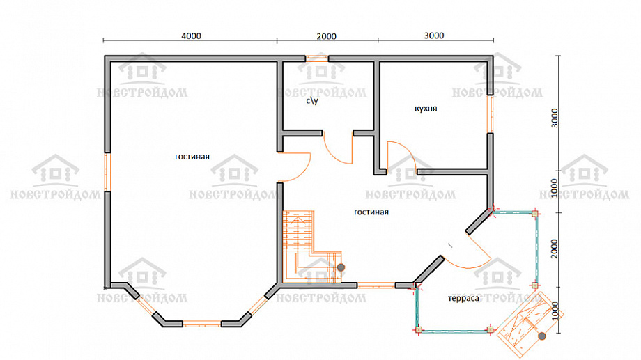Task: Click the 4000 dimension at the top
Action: (192, 36)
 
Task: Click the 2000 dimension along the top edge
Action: (326, 36)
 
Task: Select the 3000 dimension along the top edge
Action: (434, 36)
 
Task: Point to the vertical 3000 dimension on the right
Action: (555, 118)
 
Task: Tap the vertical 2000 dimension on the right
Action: (555, 249)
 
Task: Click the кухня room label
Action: (426, 109)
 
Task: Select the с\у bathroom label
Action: (312, 100)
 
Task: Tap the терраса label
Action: (463, 298)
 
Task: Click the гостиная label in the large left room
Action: (192, 157)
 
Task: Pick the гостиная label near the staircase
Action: (371, 212)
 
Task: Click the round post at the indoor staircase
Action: (341, 267)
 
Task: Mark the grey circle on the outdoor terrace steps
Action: (542, 336)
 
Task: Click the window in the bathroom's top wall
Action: (317, 58)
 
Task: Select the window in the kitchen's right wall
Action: (490, 114)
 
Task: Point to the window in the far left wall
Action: (107, 172)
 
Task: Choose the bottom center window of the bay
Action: (202, 324)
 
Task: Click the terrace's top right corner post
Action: (534, 214)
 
